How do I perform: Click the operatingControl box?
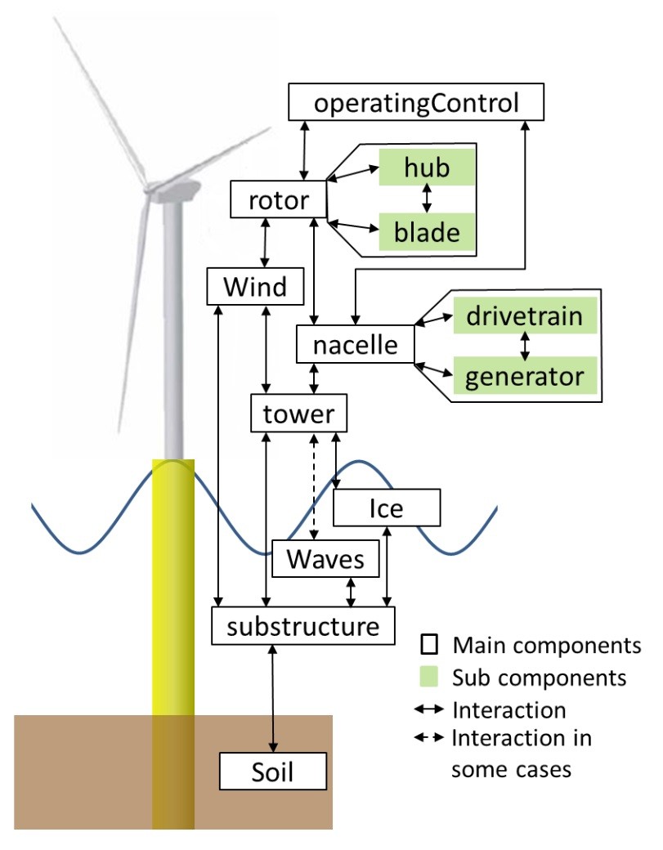click(x=417, y=104)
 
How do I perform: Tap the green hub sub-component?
click(x=427, y=168)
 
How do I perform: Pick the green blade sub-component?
click(x=427, y=233)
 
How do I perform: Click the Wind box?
click(x=256, y=287)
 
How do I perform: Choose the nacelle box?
click(x=355, y=346)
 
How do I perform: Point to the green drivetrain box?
click(x=526, y=316)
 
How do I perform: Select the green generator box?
click(x=526, y=377)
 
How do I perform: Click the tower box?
click(x=298, y=414)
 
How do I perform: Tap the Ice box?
click(x=387, y=508)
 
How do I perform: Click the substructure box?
click(x=303, y=626)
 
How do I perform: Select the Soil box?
click(x=273, y=770)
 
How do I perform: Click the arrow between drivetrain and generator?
click(x=526, y=347)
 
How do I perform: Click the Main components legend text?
click(x=547, y=646)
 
